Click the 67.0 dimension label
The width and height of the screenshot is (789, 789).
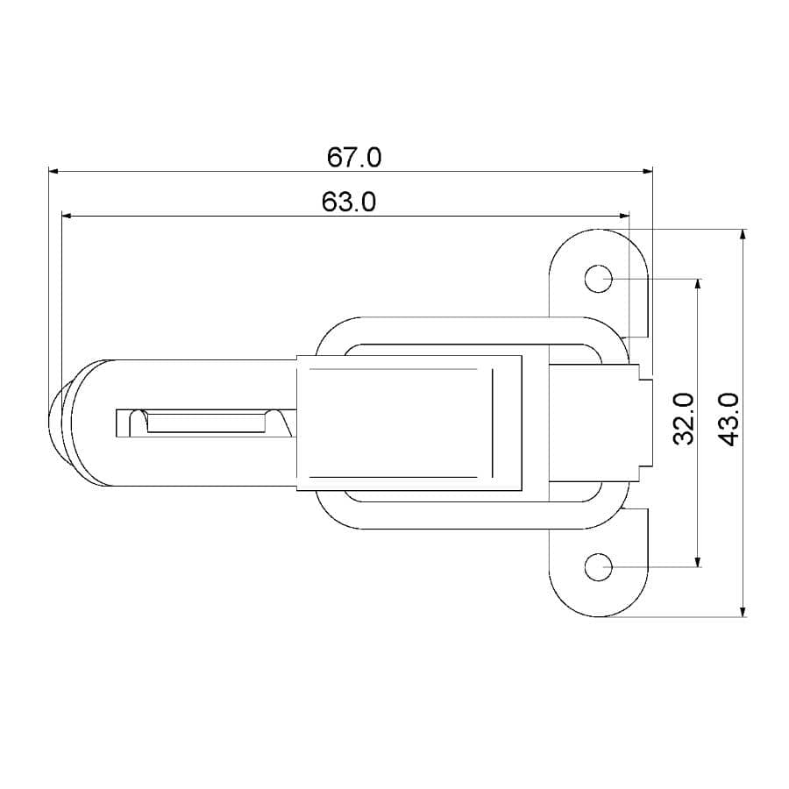click(354, 158)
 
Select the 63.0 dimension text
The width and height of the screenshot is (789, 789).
click(349, 203)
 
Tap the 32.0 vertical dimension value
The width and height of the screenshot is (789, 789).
click(685, 418)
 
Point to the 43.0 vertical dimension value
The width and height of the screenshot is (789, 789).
click(729, 418)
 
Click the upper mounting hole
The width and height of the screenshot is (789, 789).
click(599, 279)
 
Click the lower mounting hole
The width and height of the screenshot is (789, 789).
click(599, 567)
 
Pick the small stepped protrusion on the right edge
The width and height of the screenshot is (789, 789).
click(647, 422)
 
